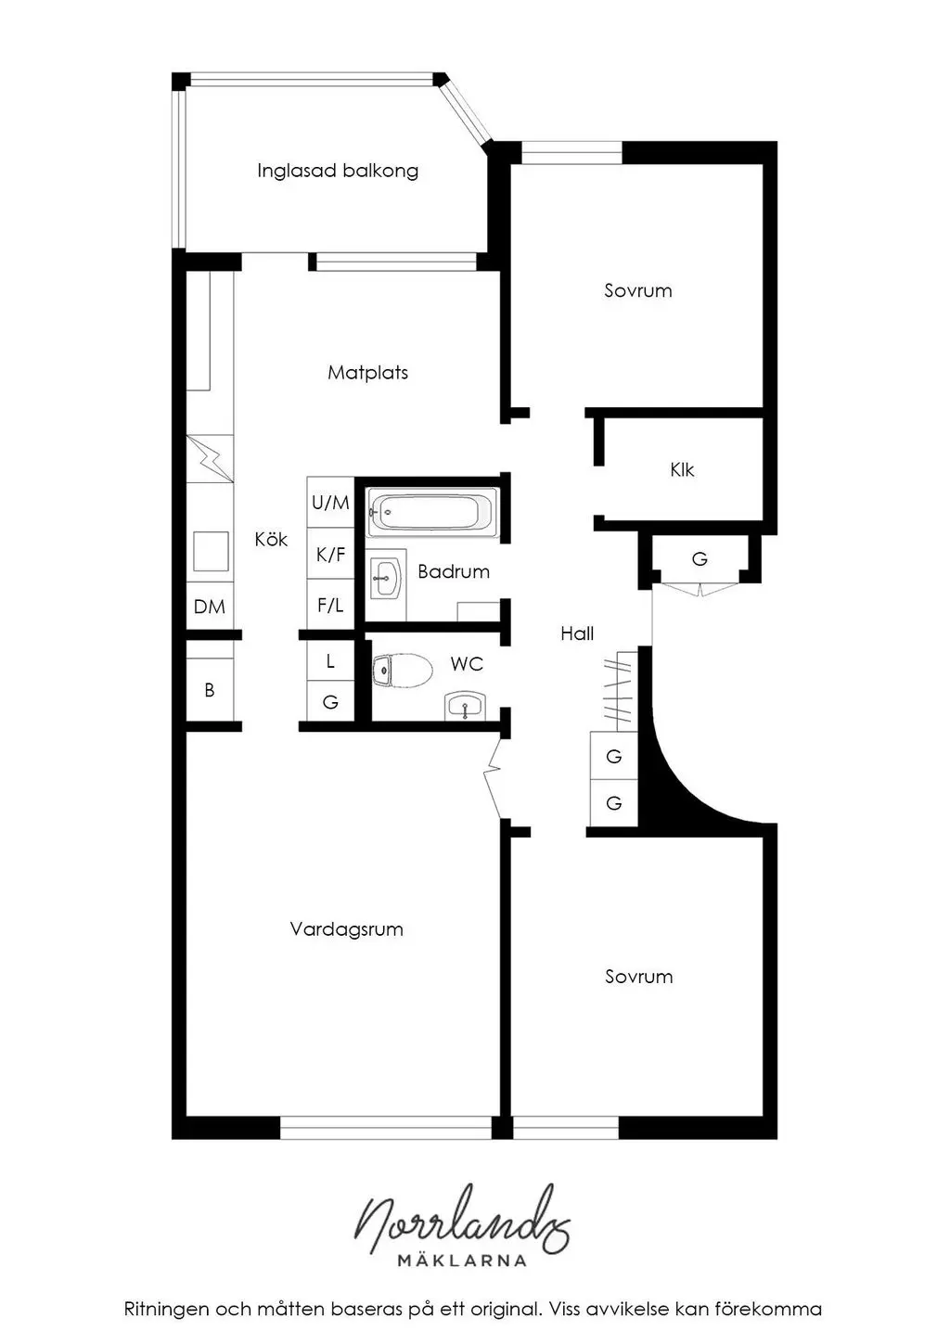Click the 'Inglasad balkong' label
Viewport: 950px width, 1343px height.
pos(338,171)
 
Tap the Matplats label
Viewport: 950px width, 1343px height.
pos(367,372)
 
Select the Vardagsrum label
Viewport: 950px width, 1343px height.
pos(346,929)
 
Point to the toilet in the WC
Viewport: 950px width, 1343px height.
pos(402,671)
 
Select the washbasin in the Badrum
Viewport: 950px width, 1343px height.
pos(386,578)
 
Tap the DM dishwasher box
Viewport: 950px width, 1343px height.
pos(210,607)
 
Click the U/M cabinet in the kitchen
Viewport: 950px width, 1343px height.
pos(330,503)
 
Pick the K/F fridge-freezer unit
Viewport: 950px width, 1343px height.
pos(330,554)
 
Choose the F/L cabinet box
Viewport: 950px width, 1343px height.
pos(330,605)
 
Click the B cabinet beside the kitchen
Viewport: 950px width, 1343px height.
pos(210,689)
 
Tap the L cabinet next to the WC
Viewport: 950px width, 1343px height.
pos(330,660)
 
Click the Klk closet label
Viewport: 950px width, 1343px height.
pos(682,469)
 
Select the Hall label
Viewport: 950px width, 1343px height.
pos(577,633)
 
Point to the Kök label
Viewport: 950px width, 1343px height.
pos(271,539)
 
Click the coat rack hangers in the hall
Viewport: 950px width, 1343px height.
pos(618,689)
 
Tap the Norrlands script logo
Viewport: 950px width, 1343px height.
pos(462,1220)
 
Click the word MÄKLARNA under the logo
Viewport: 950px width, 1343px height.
pos(462,1260)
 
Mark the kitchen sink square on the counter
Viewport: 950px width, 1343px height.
pos(211,551)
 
